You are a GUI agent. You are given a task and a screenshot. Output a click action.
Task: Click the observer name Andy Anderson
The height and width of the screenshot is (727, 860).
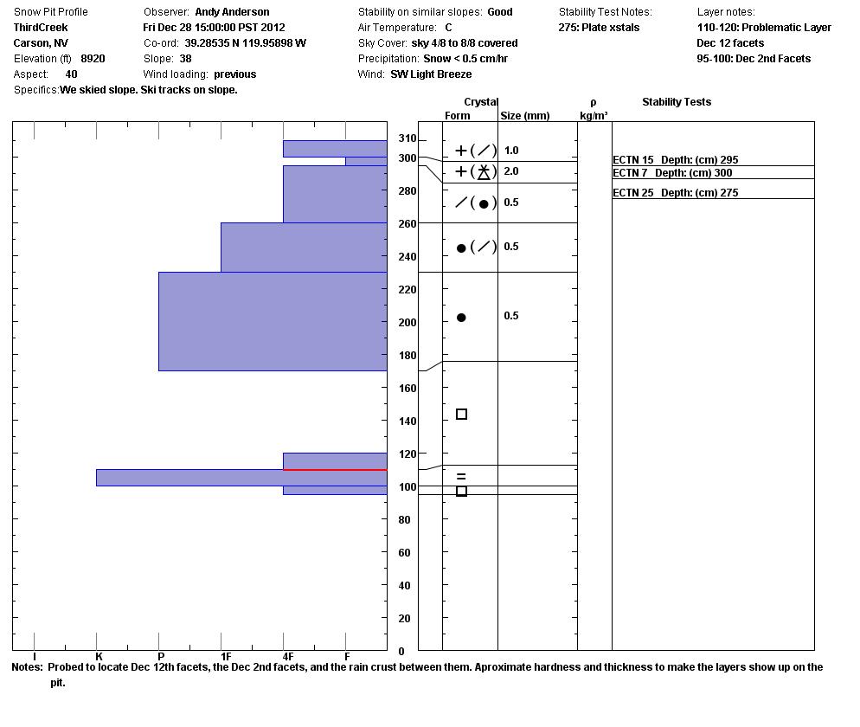coord(232,12)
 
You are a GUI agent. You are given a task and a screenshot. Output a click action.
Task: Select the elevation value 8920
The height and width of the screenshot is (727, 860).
coord(93,59)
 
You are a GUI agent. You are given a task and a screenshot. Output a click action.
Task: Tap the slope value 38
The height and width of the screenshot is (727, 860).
coord(185,59)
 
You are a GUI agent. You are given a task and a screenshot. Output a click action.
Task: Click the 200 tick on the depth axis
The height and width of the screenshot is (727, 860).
coord(406,323)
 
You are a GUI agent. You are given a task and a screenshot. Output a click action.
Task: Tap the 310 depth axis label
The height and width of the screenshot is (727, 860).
coord(406,139)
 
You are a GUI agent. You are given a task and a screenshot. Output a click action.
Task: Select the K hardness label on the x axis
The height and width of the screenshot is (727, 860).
coord(99,658)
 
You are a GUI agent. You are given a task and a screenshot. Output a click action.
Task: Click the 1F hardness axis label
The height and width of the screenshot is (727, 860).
coord(225,658)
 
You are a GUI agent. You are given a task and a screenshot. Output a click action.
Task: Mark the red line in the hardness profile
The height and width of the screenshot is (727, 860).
coord(335,470)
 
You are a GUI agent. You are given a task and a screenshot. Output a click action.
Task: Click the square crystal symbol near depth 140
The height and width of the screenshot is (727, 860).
coord(461,415)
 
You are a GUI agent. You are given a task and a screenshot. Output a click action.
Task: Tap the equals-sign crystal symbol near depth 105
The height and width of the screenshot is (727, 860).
coord(461,477)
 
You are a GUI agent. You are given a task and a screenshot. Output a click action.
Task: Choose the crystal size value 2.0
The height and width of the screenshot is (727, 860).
coord(511,171)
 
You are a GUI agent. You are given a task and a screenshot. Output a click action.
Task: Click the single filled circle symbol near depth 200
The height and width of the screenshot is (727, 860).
coord(461,318)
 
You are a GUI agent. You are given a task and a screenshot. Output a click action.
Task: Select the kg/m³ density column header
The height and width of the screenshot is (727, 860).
coord(594,116)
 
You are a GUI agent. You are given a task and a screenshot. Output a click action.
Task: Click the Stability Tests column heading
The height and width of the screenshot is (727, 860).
coord(676,102)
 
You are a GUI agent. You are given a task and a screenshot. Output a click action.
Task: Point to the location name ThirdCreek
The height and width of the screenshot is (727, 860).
coord(41,28)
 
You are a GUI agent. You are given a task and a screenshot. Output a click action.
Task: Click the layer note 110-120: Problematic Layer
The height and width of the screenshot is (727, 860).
coord(764,28)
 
